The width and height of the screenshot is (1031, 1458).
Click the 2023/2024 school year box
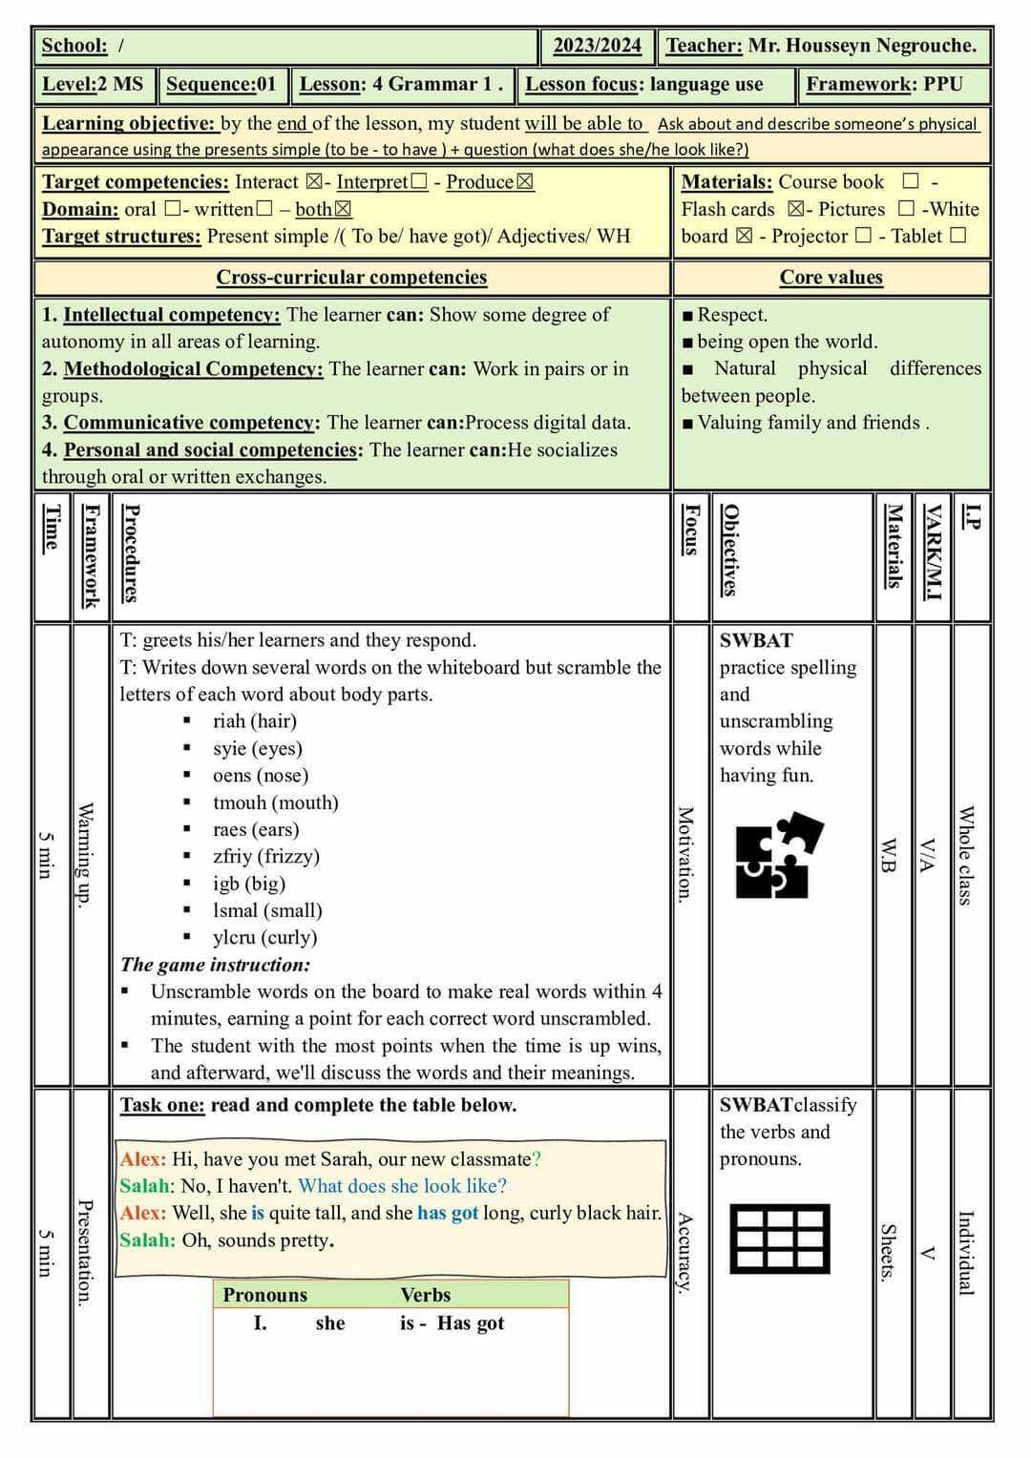pos(598,46)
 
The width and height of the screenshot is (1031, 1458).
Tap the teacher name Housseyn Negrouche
pos(862,46)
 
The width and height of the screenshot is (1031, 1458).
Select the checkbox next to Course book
pos(911,181)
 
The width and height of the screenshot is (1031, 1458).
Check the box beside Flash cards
pos(795,209)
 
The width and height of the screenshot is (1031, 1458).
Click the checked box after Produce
pos(525,182)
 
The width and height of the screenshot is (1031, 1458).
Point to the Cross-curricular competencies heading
pos(351,278)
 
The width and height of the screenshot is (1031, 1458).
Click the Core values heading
pos(831,278)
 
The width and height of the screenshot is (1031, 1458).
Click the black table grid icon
pos(779,1239)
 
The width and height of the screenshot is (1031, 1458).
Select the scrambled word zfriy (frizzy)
pos(265,857)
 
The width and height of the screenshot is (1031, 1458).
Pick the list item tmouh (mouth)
pos(275,802)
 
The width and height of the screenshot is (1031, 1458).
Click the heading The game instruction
pos(215,965)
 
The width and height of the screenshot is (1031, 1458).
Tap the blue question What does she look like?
pos(402,1186)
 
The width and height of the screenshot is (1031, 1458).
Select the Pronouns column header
pos(264,1295)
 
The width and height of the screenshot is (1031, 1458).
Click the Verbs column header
pos(425,1295)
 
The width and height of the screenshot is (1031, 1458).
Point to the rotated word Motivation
pos(685,853)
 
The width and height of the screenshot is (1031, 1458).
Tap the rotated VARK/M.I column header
pos(932,552)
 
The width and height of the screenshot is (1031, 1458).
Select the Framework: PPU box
pos(884,84)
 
